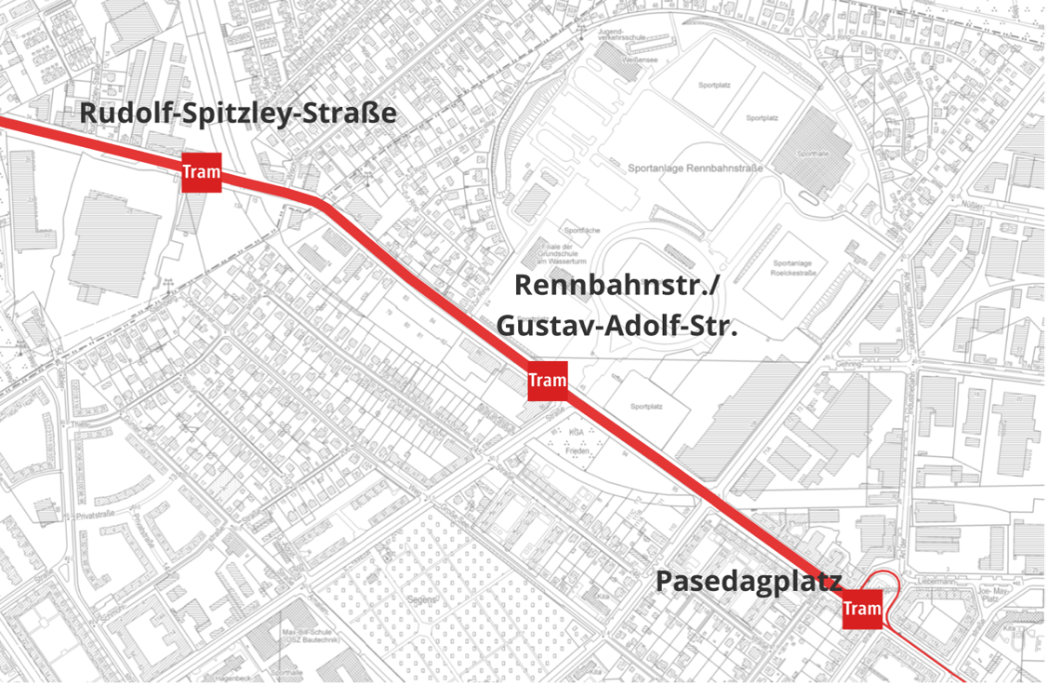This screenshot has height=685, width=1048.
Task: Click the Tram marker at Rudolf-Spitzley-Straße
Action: point(201,172)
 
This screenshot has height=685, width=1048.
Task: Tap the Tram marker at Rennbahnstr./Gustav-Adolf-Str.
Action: point(547,381)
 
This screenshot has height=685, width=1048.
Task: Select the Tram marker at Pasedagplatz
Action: point(861,610)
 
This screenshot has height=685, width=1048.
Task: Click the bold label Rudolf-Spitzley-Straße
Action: point(238,114)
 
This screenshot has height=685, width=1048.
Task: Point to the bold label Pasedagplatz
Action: point(749,581)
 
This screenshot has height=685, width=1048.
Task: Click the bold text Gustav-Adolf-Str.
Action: point(616,326)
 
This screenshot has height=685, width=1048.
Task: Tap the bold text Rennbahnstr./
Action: point(617,285)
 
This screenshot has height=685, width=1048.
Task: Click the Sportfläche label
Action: point(576,228)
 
